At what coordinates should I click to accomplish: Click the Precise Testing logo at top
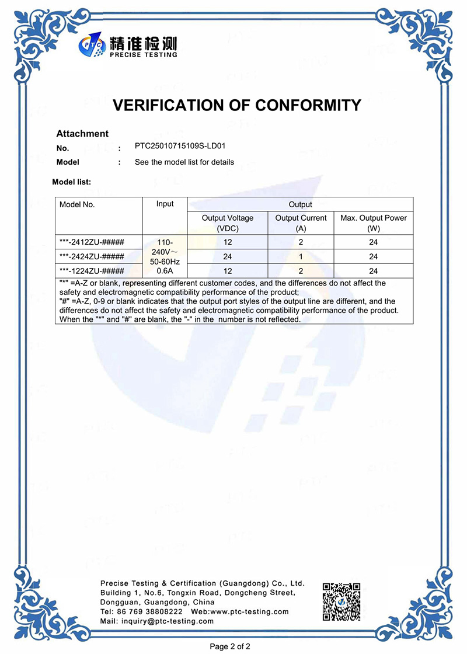point(128,46)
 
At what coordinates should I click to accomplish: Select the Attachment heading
point(82,134)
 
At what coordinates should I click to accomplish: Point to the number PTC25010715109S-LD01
point(180,147)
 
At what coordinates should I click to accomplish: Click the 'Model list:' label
point(71,182)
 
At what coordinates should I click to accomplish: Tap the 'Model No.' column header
point(77,204)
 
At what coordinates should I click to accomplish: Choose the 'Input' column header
point(165,204)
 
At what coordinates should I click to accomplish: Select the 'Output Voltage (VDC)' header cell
point(228,223)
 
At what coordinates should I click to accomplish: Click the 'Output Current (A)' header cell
point(301,223)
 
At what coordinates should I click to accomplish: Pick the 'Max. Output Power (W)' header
point(374,223)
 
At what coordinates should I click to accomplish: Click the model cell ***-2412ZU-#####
point(92,242)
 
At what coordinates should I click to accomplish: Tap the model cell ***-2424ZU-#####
point(92,256)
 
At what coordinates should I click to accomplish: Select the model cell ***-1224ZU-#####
point(92,271)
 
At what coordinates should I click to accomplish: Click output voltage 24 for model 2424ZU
point(228,256)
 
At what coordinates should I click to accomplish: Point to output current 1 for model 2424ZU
point(301,256)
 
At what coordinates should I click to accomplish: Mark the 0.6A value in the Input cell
point(165,271)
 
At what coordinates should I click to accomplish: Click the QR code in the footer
point(341,601)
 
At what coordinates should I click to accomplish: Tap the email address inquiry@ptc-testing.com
point(173,621)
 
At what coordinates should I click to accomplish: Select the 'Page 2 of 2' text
point(230,646)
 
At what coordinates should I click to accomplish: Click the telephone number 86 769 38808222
point(141,611)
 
